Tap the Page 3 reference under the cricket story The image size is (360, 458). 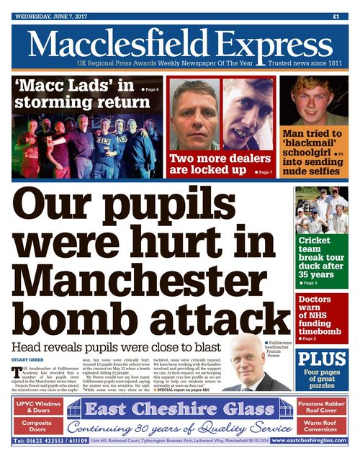click(307, 283)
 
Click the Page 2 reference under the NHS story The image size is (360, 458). click(307, 338)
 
